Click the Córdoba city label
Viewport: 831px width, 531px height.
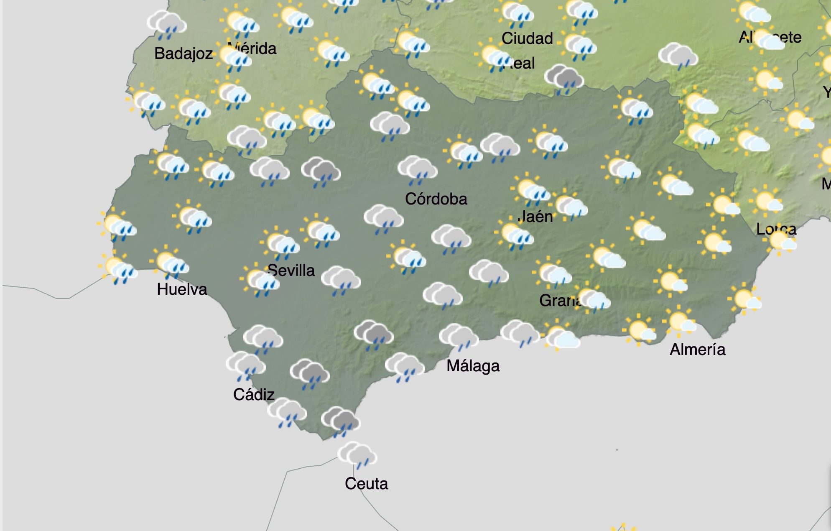[436, 199]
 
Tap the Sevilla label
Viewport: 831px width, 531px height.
[291, 271]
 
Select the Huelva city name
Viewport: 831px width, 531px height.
[182, 289]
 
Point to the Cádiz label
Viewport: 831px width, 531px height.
[254, 395]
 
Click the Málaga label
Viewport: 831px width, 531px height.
[473, 366]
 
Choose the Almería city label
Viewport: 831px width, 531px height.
[697, 350]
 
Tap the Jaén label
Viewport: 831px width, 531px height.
[536, 217]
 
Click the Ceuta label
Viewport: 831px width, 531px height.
[366, 484]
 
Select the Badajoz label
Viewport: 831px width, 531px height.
[184, 54]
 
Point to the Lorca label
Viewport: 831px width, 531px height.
[776, 229]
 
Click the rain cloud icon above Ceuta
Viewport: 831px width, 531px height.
[357, 455]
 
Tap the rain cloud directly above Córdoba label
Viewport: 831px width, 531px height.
[417, 170]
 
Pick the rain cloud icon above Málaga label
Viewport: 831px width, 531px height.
[459, 337]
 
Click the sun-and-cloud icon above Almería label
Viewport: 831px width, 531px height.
[679, 322]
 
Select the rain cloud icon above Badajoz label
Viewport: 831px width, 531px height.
[167, 24]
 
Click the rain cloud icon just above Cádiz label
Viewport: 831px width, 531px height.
[245, 365]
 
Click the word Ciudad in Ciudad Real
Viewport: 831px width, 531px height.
[527, 38]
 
